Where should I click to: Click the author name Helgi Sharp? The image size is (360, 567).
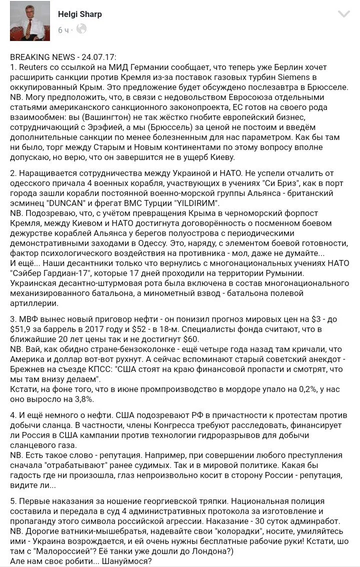(x=80, y=14)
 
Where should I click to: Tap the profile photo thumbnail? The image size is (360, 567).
(x=30, y=21)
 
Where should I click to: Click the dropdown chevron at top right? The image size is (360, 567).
(x=344, y=14)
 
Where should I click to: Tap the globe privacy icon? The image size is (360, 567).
(x=81, y=29)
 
